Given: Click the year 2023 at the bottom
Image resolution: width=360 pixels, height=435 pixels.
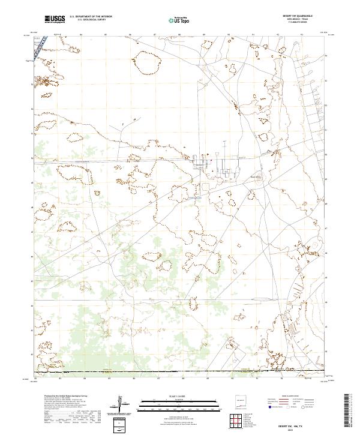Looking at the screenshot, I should pyautogui.click(x=291, y=430).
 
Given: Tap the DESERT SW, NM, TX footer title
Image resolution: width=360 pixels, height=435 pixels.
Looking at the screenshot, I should pyautogui.click(x=291, y=425).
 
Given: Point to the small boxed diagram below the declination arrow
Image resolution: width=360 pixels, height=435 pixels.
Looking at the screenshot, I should pyautogui.click(x=121, y=425).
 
